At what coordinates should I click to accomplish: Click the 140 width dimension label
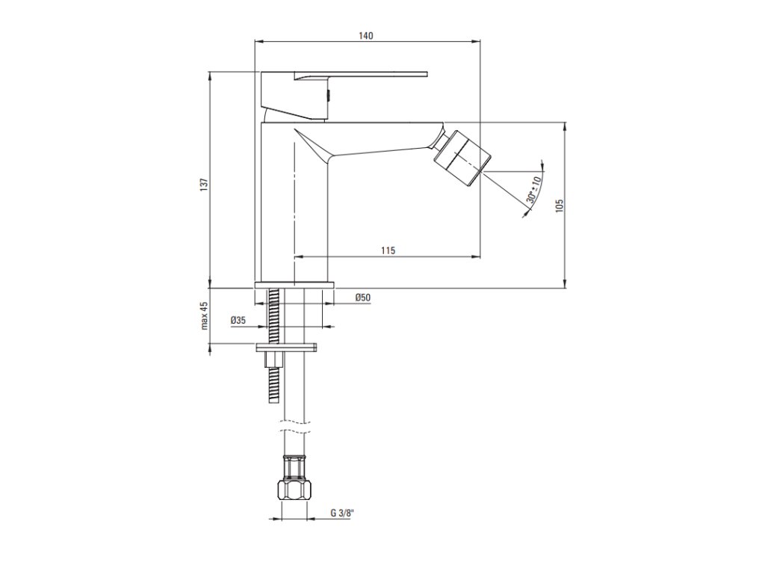366,36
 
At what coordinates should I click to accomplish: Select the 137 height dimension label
205,184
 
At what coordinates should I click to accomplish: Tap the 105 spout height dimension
559,205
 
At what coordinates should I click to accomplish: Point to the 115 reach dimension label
388,251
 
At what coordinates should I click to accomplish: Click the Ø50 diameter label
363,297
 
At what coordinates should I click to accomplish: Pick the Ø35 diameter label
238,321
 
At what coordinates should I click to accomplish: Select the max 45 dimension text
205,315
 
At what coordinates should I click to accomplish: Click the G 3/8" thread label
342,513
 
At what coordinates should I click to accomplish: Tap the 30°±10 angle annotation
534,190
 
